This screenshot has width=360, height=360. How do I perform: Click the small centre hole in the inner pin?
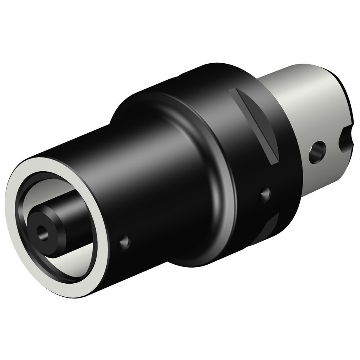click(42, 231)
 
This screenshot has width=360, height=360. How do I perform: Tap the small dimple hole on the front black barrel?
click(124, 242)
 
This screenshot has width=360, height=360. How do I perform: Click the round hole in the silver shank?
click(317, 152)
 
